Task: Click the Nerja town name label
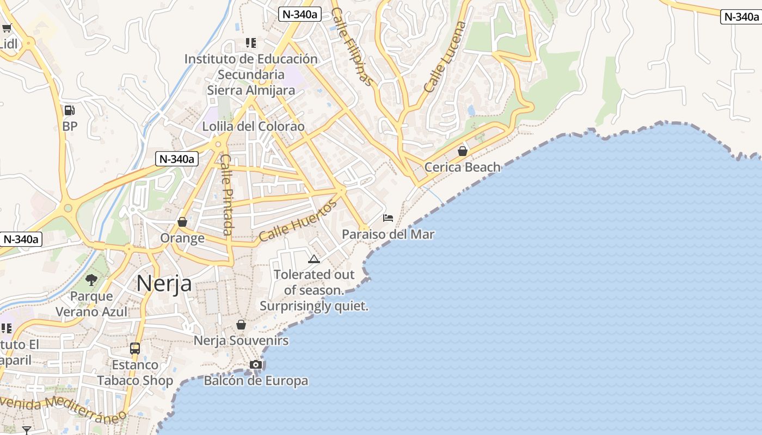[164, 283]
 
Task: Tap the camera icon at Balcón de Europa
[256, 364]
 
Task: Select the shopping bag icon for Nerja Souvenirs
[241, 325]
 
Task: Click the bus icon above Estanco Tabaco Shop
[135, 349]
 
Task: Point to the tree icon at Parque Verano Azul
[91, 280]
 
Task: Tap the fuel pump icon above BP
[70, 110]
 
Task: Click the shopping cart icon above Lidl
[7, 28]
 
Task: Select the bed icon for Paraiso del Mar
[388, 218]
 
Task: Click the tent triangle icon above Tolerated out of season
[314, 259]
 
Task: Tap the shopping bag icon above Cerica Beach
[463, 151]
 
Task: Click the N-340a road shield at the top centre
[299, 14]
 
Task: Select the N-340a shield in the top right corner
[740, 17]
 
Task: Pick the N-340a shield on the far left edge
[21, 239]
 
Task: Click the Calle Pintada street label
[227, 195]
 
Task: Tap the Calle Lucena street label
[445, 57]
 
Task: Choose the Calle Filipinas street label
[353, 46]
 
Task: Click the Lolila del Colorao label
[253, 126]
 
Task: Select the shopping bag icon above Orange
[182, 222]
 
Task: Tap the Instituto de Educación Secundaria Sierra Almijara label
[251, 74]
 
